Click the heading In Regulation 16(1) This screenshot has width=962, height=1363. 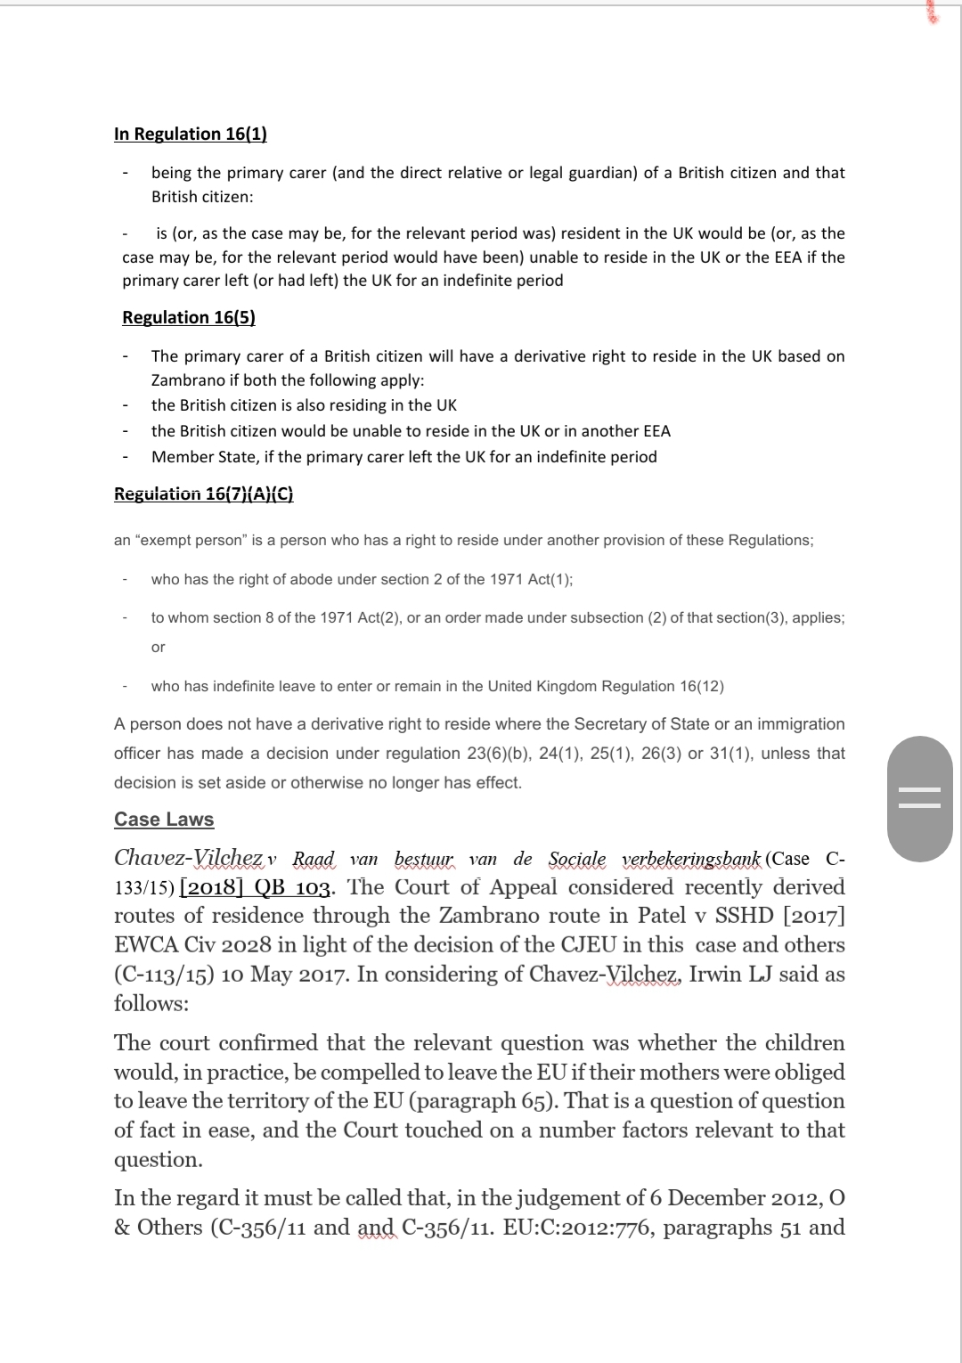[x=191, y=135]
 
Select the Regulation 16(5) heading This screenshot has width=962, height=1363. [x=189, y=318]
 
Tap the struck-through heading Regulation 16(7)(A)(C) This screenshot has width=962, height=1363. [x=204, y=494]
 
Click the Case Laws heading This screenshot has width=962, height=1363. [x=164, y=820]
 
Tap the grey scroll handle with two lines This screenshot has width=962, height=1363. [x=920, y=798]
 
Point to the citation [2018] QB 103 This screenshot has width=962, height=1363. [x=257, y=888]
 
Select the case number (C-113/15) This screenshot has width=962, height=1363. [x=164, y=975]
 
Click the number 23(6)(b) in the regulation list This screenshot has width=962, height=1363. [x=499, y=754]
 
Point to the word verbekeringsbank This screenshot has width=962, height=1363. [x=692, y=860]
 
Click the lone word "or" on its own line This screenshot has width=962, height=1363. [x=158, y=648]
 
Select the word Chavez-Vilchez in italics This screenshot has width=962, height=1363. [x=189, y=859]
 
